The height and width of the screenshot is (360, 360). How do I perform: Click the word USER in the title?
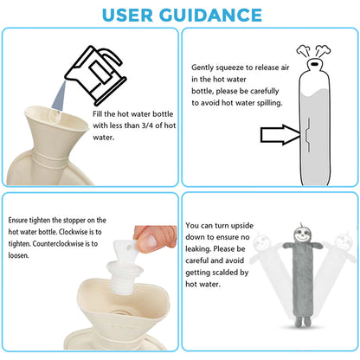(127, 15)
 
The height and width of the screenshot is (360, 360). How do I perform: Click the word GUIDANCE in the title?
(210, 15)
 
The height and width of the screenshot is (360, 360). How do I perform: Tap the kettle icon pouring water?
(96, 75)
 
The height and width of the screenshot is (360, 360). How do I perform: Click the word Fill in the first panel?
(98, 113)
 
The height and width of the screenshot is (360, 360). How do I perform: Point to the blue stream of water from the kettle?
(60, 96)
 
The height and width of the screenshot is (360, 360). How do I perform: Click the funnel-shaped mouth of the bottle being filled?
(56, 121)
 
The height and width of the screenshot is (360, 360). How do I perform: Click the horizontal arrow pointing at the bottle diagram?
(280, 135)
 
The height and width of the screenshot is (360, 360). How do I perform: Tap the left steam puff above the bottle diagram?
(304, 51)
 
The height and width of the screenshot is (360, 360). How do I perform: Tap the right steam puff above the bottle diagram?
(323, 51)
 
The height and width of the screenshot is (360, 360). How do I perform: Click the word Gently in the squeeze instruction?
(202, 67)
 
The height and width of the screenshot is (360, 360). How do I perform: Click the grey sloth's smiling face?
(302, 235)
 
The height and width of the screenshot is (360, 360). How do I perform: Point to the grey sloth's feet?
(303, 321)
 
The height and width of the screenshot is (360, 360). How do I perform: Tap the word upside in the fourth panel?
(242, 226)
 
